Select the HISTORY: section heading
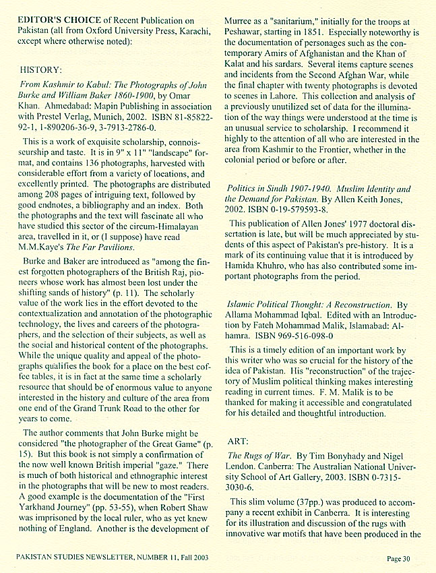42,69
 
